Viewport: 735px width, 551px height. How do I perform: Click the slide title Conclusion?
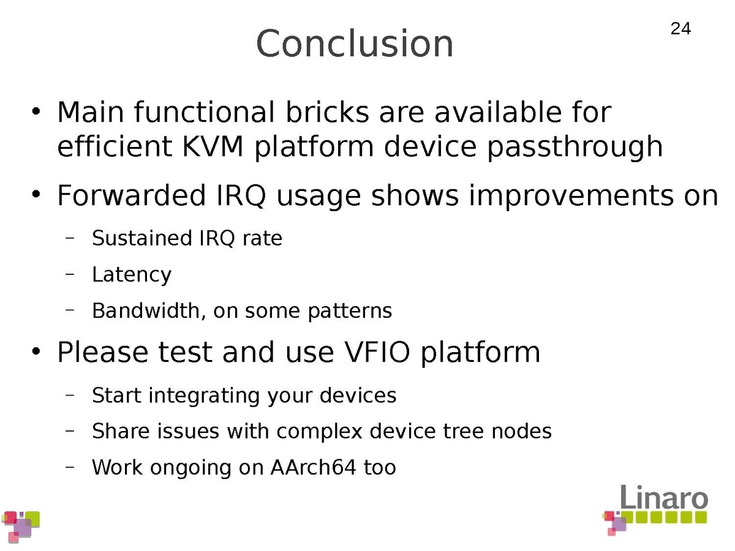click(355, 43)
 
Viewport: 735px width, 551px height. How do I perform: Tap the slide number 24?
click(680, 29)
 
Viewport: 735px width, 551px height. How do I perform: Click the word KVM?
click(213, 146)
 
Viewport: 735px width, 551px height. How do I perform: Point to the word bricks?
click(327, 112)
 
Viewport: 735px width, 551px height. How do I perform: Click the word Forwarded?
click(132, 195)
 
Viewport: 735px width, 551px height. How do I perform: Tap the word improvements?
click(571, 197)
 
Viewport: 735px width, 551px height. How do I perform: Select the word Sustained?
click(142, 238)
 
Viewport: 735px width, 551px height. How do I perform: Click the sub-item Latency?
click(132, 275)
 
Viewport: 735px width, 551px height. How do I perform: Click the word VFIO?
click(377, 352)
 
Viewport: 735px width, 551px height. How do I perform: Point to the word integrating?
click(204, 396)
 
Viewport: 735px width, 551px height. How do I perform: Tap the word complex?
click(319, 432)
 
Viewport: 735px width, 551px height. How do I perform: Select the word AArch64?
click(313, 467)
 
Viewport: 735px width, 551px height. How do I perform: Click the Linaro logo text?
click(665, 498)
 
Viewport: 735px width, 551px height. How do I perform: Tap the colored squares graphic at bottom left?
click(21, 527)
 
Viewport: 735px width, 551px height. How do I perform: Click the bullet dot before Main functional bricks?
click(36, 112)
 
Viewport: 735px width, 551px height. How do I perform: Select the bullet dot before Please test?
click(36, 351)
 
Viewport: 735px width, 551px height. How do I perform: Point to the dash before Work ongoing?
click(70, 467)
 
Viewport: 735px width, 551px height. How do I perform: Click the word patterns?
click(350, 312)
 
